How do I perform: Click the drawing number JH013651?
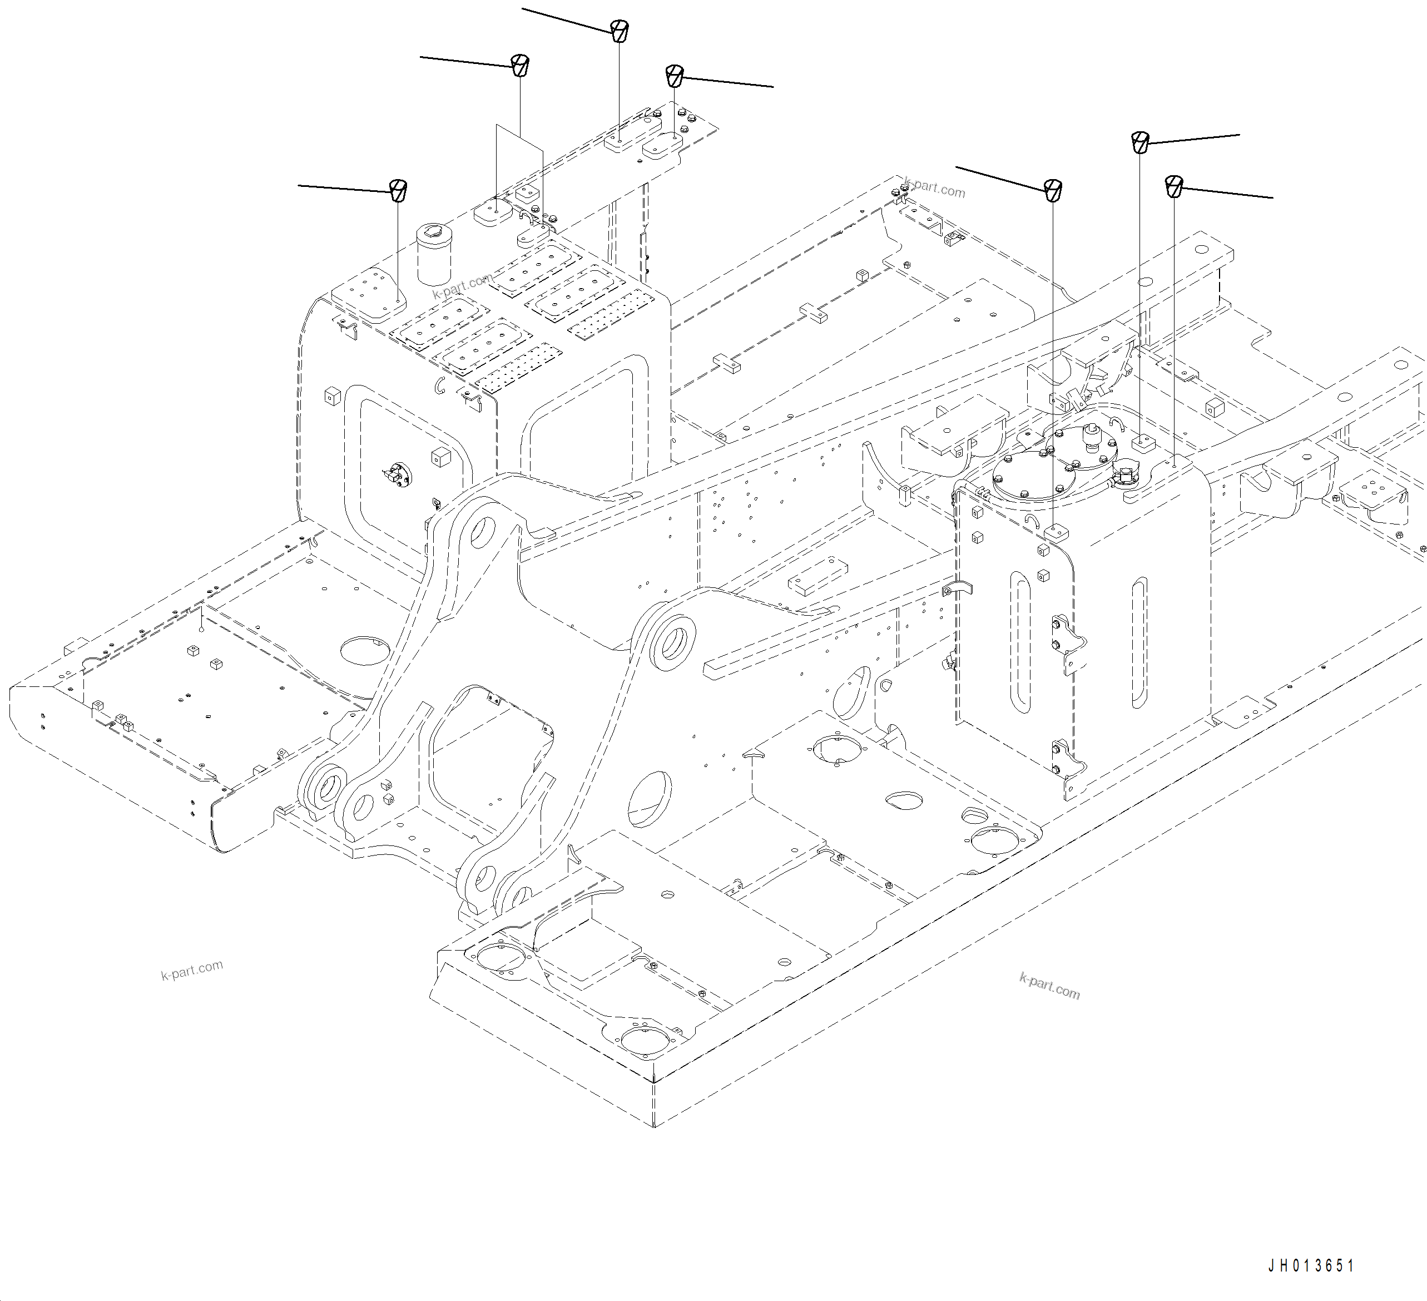(x=1311, y=1265)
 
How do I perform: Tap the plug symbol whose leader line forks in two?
(x=521, y=65)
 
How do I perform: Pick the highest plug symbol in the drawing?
(x=620, y=31)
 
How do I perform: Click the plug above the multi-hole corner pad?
(x=399, y=190)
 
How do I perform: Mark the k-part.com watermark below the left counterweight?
(x=192, y=969)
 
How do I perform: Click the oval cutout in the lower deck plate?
(x=904, y=800)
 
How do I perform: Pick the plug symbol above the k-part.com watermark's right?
(x=1053, y=190)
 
